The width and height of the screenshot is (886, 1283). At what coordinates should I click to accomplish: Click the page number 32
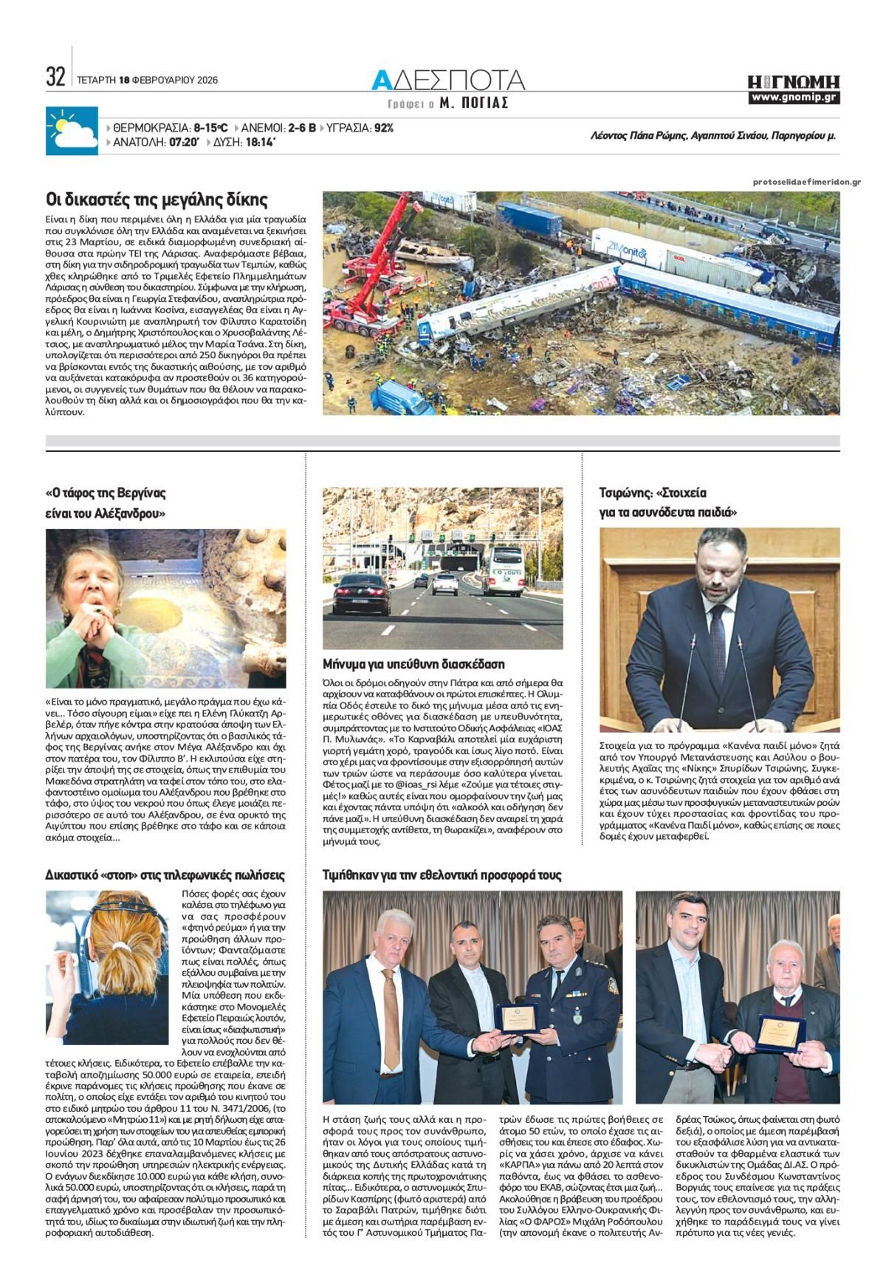(x=55, y=76)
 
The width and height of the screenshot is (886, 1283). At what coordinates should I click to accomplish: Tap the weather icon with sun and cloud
(x=72, y=131)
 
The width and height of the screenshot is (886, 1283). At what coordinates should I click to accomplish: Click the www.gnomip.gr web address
(x=794, y=97)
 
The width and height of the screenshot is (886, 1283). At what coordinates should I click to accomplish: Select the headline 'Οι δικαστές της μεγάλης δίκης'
(x=157, y=199)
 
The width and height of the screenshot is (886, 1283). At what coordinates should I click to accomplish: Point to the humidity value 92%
(x=383, y=128)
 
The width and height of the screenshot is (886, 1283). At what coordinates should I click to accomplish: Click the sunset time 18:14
(x=261, y=143)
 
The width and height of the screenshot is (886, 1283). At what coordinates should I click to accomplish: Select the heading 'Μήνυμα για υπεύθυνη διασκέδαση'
(x=413, y=664)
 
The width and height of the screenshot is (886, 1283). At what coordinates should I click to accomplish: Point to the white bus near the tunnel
(x=507, y=570)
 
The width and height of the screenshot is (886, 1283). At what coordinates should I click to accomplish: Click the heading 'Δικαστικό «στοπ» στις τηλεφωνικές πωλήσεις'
(x=165, y=875)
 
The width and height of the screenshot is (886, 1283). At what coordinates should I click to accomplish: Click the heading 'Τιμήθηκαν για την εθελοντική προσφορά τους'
(x=442, y=875)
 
